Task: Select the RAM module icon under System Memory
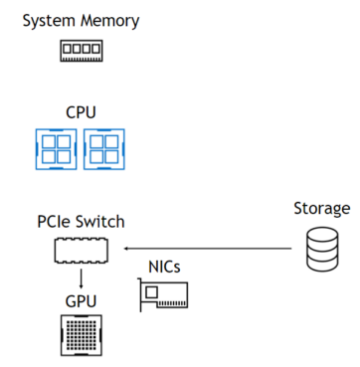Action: click(83, 49)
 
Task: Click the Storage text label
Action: click(321, 209)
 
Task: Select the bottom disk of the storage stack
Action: click(321, 263)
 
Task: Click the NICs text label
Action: click(165, 267)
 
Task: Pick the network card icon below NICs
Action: click(165, 296)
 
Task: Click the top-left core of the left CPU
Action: click(50, 140)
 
